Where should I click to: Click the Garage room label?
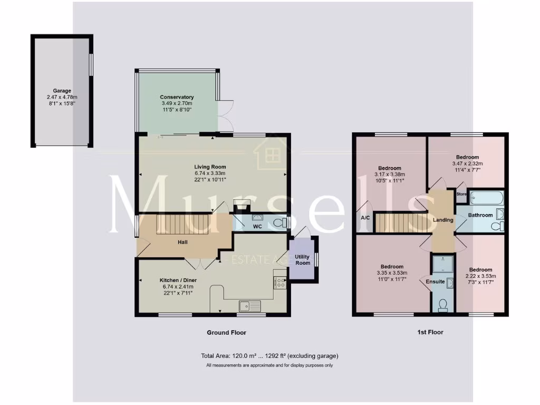(62, 91)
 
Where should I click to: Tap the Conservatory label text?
(177, 97)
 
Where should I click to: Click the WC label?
(257, 227)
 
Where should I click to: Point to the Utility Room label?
(303, 259)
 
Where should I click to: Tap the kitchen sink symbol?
(248, 305)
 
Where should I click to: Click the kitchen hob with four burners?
(280, 283)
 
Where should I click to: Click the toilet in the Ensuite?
(442, 304)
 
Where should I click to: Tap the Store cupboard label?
(461, 194)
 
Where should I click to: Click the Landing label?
(443, 220)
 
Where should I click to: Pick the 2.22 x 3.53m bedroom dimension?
(480, 276)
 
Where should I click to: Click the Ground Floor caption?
(226, 333)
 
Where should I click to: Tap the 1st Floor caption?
(430, 333)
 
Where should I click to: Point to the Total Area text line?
(269, 356)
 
